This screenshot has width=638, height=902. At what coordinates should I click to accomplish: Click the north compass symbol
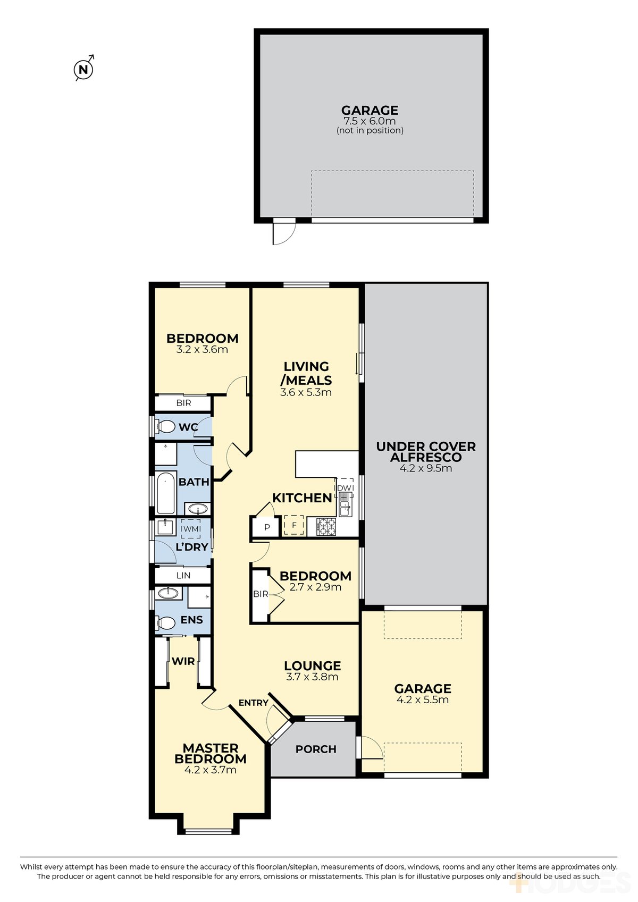point(84,69)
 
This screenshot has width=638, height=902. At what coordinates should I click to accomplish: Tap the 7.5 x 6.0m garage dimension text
point(370,121)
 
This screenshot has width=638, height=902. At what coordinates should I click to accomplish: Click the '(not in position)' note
point(370,130)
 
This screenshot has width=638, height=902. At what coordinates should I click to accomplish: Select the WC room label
point(188,427)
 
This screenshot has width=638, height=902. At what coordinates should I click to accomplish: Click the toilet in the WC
point(165,426)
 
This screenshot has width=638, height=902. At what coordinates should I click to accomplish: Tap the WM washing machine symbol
point(190,528)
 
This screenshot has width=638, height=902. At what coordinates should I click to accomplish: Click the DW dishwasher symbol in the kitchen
point(344,487)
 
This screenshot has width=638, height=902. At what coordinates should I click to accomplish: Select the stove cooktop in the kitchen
point(326,527)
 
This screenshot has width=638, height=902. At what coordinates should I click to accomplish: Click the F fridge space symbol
point(294,525)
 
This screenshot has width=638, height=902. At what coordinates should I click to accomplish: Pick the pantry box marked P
point(267,527)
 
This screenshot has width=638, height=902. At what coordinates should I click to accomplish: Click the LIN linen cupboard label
point(183,576)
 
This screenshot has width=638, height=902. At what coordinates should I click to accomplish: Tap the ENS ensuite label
point(192,620)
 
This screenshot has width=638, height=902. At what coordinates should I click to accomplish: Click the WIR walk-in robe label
point(183,661)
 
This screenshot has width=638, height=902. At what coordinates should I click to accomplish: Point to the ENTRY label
point(254,703)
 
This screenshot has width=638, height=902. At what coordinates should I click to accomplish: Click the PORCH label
point(316,749)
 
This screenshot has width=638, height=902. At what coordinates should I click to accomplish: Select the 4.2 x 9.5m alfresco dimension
point(426,468)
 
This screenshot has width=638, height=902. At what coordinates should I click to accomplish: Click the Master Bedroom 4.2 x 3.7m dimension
point(210,770)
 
